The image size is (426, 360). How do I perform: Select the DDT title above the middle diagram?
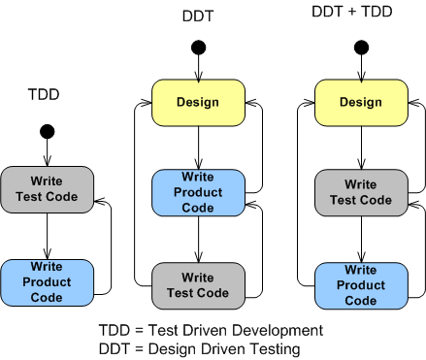pyautogui.click(x=198, y=16)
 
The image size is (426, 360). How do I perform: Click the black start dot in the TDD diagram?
pyautogui.click(x=47, y=131)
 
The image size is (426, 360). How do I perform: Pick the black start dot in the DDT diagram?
pyautogui.click(x=198, y=48)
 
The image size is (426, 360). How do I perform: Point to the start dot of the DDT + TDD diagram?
pyautogui.click(x=361, y=47)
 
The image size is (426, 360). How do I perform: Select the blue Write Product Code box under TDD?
pyautogui.click(x=47, y=281)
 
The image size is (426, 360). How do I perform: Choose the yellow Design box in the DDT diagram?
pyautogui.click(x=198, y=102)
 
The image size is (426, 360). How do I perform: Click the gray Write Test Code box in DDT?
pyautogui.click(x=198, y=285)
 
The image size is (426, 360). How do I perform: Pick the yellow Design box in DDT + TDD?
pyautogui.click(x=361, y=102)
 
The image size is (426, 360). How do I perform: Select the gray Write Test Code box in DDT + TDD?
pyautogui.click(x=361, y=192)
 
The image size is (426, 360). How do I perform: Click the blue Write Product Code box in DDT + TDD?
pyautogui.click(x=361, y=286)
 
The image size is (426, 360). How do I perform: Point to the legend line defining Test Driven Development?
pyautogui.click(x=211, y=331)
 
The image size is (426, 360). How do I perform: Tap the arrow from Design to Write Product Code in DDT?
pyautogui.click(x=198, y=147)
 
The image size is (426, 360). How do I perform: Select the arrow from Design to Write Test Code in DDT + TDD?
pyautogui.click(x=361, y=147)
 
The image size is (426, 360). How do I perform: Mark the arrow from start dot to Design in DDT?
pyautogui.click(x=198, y=68)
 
